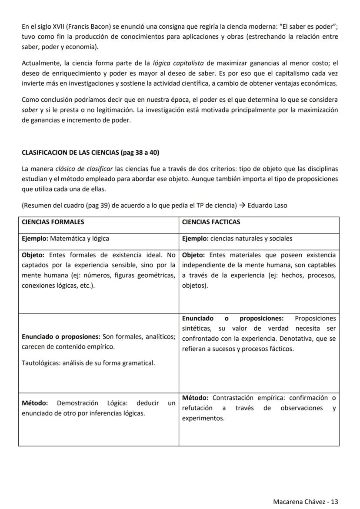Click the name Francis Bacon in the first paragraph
[x=87, y=27]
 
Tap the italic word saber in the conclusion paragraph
[x=30, y=110]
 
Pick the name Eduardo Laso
[x=267, y=205]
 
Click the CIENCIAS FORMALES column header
[x=53, y=222]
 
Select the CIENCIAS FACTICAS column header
[x=211, y=222]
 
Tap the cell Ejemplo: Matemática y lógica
[x=65, y=238]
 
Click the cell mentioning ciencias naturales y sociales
[x=237, y=238]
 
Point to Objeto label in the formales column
[x=33, y=255]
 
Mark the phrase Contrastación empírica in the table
[x=241, y=398]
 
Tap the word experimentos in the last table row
[x=203, y=418]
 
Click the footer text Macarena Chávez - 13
[x=305, y=501]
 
